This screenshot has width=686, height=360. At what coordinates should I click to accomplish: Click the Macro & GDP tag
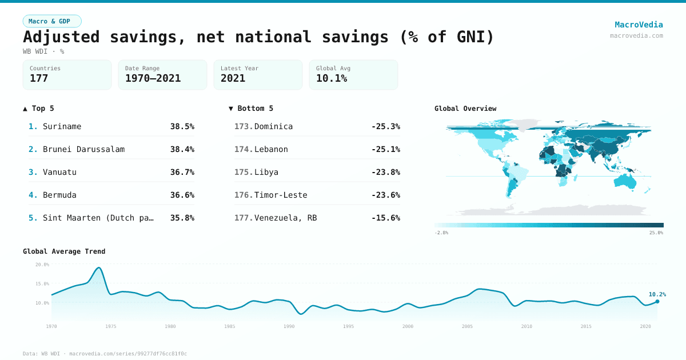point(52,21)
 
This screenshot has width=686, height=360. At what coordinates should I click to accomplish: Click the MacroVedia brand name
point(639,25)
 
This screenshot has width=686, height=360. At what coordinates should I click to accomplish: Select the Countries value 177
point(39,78)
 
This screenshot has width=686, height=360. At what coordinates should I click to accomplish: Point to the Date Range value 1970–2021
point(153,78)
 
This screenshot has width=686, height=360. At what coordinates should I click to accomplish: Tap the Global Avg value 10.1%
point(332,78)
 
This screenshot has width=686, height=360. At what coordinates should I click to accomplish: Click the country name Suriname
point(62,126)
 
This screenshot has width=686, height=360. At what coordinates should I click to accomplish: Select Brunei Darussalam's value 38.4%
point(182,149)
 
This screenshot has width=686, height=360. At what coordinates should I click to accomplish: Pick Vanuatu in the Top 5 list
point(59,172)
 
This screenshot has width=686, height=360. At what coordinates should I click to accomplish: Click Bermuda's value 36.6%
point(182,195)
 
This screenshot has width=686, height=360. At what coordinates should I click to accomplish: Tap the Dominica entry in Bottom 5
point(273,126)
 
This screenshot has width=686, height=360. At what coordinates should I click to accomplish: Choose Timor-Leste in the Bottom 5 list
point(281,195)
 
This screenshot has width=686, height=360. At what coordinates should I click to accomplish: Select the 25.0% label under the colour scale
point(656,233)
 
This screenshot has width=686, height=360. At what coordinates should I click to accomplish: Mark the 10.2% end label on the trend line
point(657,294)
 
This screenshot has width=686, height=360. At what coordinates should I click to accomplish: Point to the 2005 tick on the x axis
point(467,326)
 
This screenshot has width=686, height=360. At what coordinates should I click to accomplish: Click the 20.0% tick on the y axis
point(42,265)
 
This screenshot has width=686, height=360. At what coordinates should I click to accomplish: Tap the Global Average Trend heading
point(64,251)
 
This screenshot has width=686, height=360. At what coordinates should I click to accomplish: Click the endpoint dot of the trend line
point(657,301)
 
